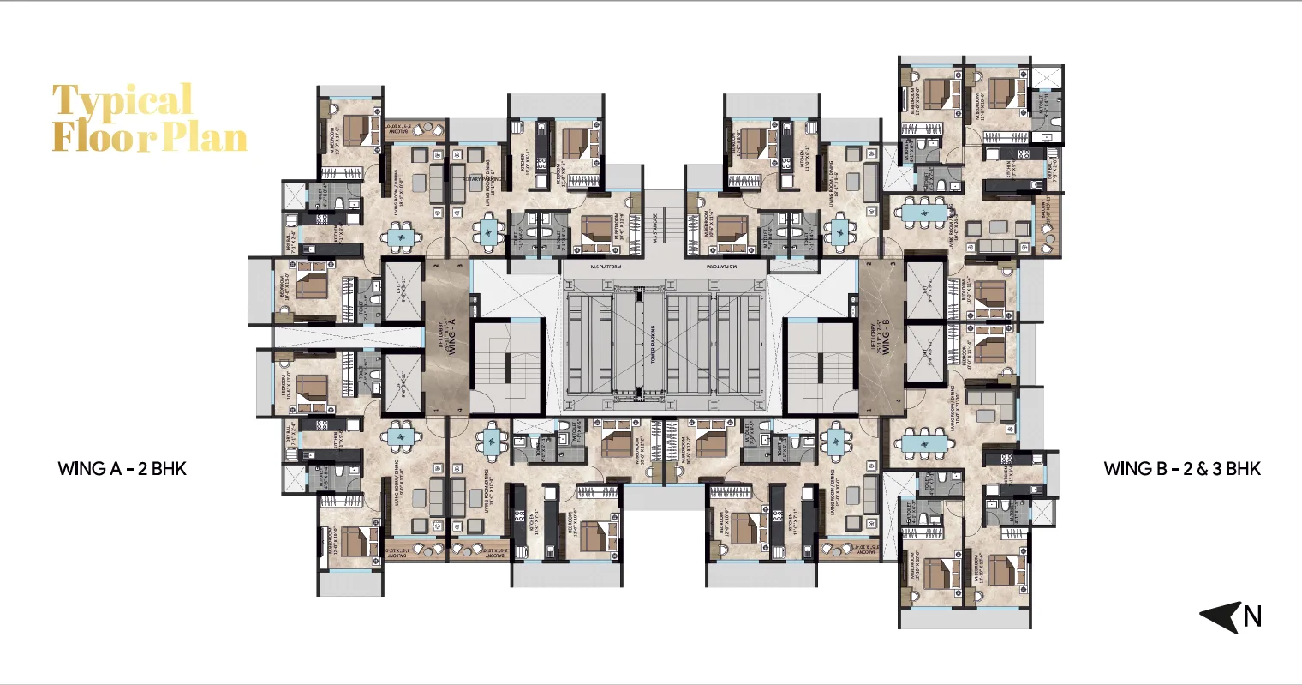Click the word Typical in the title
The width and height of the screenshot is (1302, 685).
122,102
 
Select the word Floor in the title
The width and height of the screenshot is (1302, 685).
105,137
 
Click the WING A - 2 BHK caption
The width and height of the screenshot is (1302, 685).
122,468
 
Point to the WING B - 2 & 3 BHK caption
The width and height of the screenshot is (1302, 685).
1181,468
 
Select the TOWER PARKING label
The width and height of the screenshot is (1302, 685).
653,346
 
